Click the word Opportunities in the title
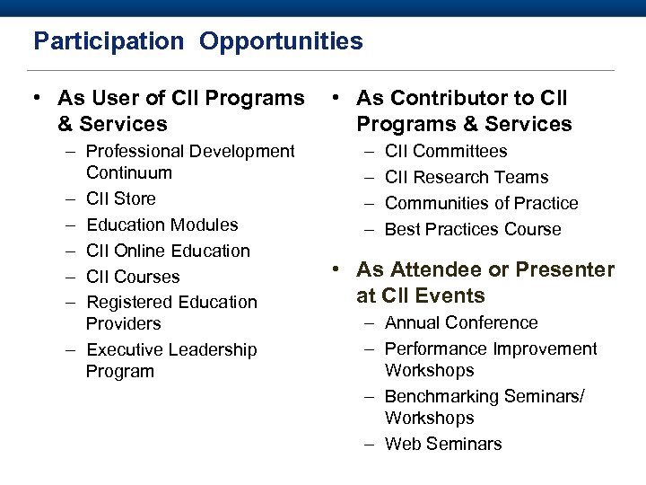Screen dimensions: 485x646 coord(281,41)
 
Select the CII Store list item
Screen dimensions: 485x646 coord(120,198)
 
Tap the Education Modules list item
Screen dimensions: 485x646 coord(161,225)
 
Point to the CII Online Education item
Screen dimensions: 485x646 coord(168,251)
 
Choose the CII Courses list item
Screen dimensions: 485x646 coord(133,277)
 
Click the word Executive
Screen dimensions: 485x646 coord(123,349)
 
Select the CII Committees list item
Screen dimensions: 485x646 coord(446,151)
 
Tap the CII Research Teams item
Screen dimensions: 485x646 coord(467,177)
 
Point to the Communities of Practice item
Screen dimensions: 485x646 coord(481,203)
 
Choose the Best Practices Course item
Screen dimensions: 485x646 coord(473,229)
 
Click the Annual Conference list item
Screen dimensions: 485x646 coord(461,322)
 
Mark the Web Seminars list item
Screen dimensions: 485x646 coord(443,444)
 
